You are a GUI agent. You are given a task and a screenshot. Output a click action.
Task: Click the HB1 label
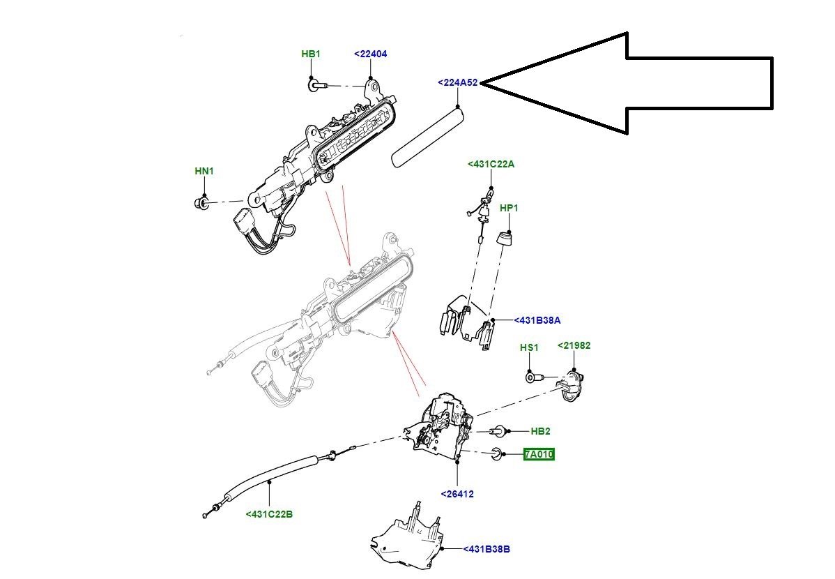click(311, 54)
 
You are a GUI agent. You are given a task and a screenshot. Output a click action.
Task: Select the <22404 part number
click(371, 54)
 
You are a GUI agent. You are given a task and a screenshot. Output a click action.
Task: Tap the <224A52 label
click(458, 82)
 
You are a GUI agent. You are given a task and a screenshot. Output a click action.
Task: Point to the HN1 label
click(204, 171)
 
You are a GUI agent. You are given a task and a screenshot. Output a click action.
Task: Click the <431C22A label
click(491, 164)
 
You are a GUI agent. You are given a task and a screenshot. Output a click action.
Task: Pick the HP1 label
click(509, 208)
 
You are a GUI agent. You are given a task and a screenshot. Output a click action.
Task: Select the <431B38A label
click(537, 320)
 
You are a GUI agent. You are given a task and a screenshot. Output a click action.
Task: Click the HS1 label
click(529, 347)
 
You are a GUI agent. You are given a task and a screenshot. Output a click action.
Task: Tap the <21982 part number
click(574, 345)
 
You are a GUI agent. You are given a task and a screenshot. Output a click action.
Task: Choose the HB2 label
click(540, 431)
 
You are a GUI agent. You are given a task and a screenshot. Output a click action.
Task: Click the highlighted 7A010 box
click(539, 454)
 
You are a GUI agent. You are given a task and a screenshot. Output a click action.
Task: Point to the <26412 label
click(457, 494)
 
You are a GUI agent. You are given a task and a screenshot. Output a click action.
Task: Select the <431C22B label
click(270, 515)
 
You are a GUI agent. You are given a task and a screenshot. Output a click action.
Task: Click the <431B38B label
click(487, 548)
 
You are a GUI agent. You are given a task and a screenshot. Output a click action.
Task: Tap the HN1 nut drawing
click(201, 202)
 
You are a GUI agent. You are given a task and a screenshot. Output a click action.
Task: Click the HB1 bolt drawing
click(317, 84)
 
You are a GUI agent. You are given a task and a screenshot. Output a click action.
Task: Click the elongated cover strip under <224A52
click(429, 137)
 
